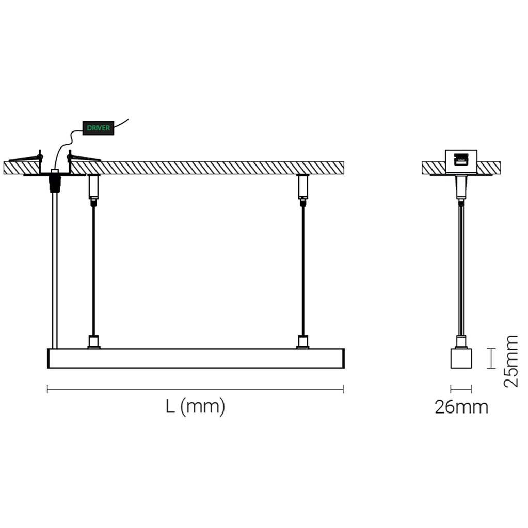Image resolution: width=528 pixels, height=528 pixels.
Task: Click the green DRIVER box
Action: click(x=98, y=128)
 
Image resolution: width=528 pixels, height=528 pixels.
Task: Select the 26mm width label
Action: click(x=461, y=407)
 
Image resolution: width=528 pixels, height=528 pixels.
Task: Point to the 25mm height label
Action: click(x=510, y=361)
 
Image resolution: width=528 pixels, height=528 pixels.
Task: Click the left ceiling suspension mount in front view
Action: click(x=94, y=187)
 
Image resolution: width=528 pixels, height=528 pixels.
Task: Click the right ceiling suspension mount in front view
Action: click(x=303, y=187)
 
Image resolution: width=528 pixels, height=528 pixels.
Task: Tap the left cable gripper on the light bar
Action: click(x=93, y=342)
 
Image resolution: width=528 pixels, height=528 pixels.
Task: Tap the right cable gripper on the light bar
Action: click(x=303, y=342)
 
